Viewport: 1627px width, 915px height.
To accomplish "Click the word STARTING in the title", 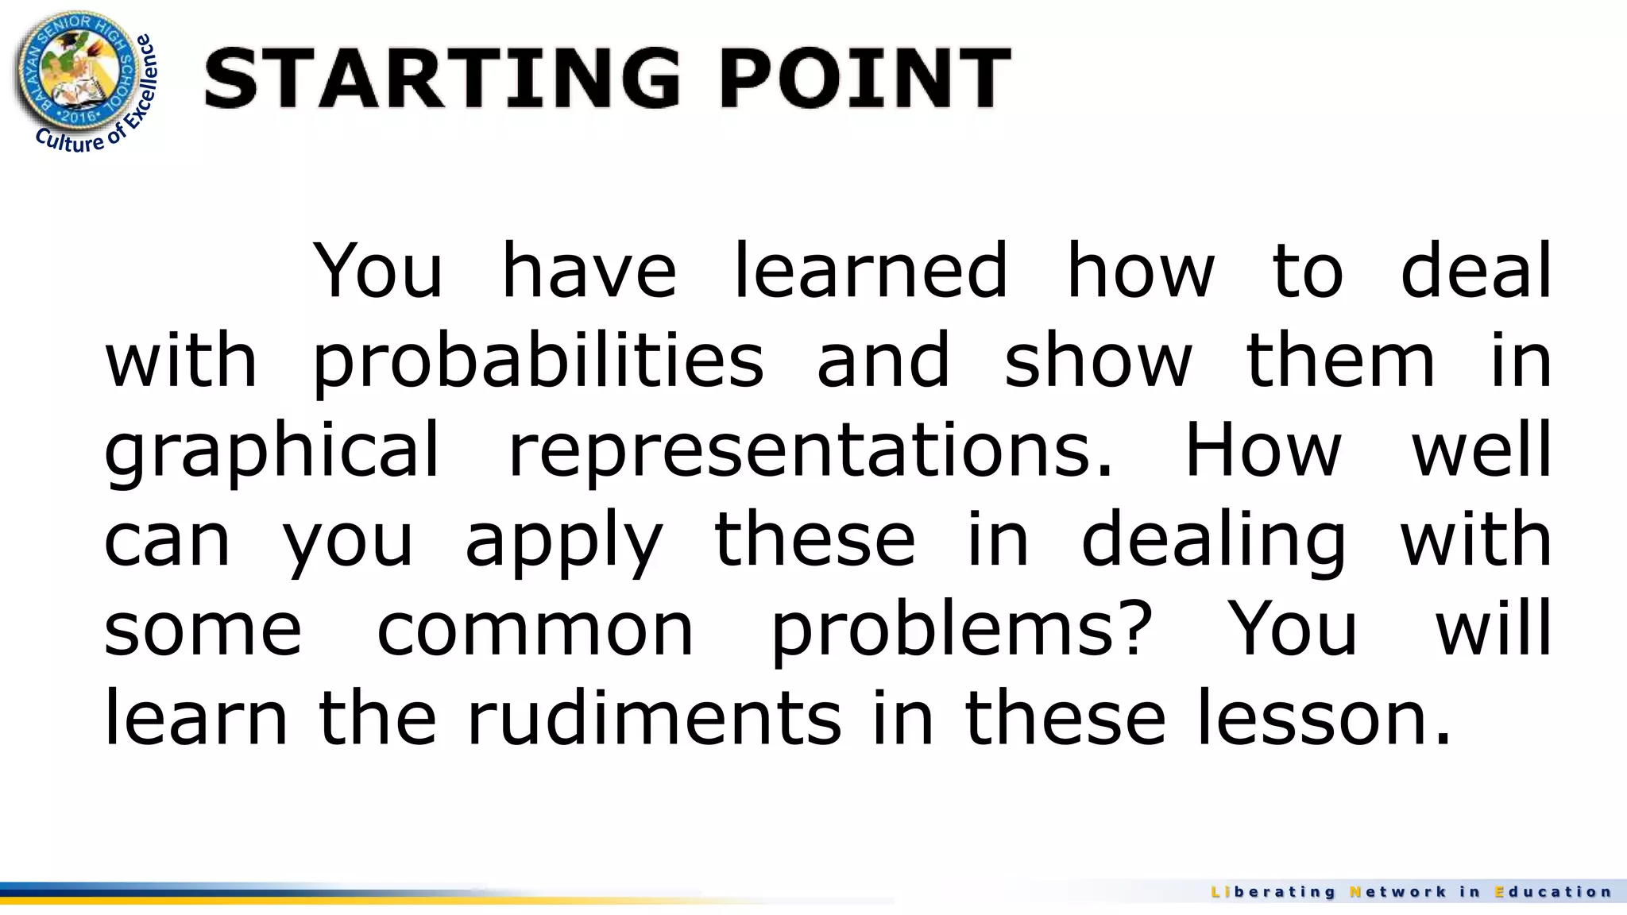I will coord(442,77).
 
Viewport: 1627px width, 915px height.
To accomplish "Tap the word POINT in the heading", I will coord(865,77).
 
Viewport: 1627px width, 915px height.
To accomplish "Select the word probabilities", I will coord(538,361).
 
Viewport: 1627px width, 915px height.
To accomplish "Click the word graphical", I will coord(272,450).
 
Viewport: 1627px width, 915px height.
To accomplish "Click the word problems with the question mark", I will coord(961,630).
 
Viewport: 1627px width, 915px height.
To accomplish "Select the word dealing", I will coord(1214,540).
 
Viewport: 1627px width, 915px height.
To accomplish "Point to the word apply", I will coord(563,540).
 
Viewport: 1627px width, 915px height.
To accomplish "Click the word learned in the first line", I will coord(870,272).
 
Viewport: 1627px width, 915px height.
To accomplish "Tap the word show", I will coord(1098,361).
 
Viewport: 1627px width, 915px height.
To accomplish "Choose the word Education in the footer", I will coord(1553,892).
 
